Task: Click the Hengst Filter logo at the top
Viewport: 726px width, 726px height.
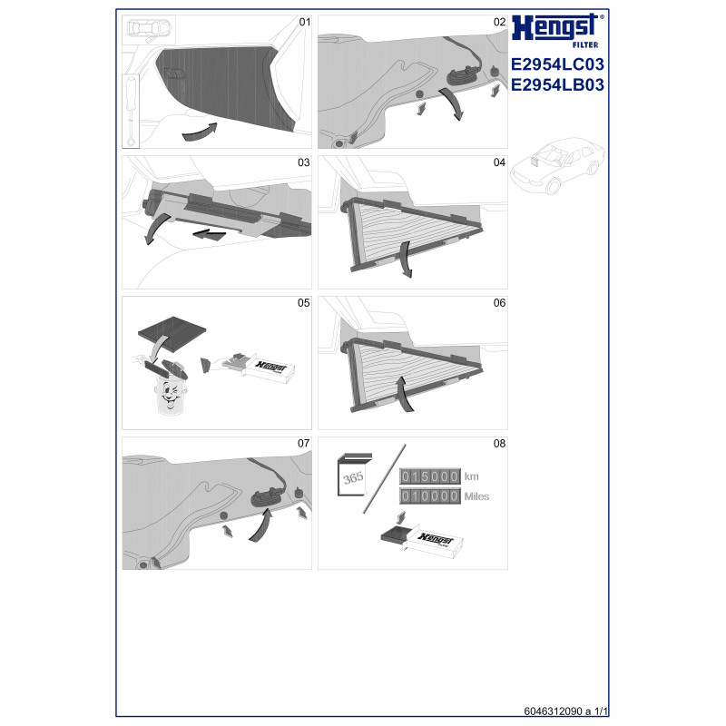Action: pyautogui.click(x=557, y=31)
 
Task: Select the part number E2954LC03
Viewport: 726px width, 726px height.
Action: pyautogui.click(x=557, y=64)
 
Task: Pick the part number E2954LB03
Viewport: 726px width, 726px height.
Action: pyautogui.click(x=557, y=85)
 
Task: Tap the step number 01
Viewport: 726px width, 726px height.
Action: pyautogui.click(x=305, y=22)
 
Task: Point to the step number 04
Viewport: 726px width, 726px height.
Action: pyautogui.click(x=499, y=162)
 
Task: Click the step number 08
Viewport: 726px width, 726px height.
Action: pyautogui.click(x=499, y=444)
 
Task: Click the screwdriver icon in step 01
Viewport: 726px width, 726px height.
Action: pyautogui.click(x=132, y=111)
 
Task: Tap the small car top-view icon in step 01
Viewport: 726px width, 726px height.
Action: pyautogui.click(x=149, y=30)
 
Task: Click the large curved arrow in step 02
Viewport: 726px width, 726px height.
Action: pyautogui.click(x=453, y=103)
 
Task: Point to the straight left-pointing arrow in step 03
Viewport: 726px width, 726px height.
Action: pyautogui.click(x=210, y=234)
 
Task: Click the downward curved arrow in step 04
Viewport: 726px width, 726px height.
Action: pyautogui.click(x=406, y=260)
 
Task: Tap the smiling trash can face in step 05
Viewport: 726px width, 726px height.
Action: pyautogui.click(x=170, y=395)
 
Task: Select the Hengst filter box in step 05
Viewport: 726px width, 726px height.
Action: pyautogui.click(x=269, y=369)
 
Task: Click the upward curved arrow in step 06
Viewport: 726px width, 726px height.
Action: pyautogui.click(x=405, y=394)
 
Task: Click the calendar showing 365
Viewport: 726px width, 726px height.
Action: pyautogui.click(x=354, y=475)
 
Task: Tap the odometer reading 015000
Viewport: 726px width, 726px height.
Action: pyautogui.click(x=430, y=476)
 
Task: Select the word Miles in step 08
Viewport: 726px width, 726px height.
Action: pyautogui.click(x=476, y=496)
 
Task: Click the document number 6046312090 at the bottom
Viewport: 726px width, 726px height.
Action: pyautogui.click(x=553, y=711)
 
